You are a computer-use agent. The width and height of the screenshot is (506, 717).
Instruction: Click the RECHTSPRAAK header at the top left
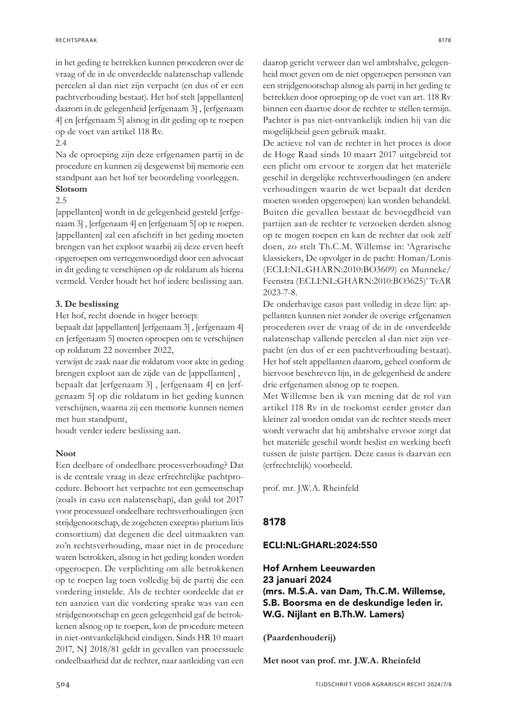[75, 40]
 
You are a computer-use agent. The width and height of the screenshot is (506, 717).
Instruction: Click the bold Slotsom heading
[72, 189]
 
